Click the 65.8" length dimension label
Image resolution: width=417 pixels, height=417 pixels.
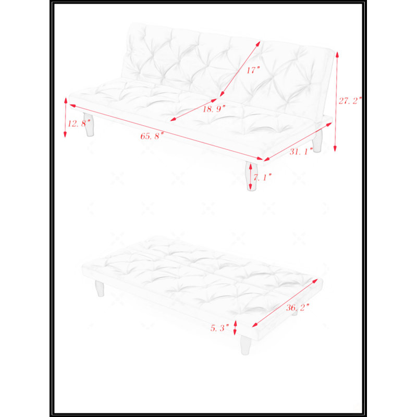[152, 136]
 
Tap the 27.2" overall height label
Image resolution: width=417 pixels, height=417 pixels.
[350, 101]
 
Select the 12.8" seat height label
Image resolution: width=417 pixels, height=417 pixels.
[79, 124]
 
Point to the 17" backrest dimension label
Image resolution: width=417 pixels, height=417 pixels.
[253, 70]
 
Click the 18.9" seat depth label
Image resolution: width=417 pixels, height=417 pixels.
[214, 108]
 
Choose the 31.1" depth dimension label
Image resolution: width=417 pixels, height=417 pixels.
[301, 151]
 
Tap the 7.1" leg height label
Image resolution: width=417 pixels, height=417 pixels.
[263, 177]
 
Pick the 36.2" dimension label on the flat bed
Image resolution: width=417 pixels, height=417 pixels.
[298, 308]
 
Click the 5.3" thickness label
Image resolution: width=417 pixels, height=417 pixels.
[219, 328]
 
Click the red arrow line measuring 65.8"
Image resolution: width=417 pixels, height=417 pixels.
[166, 132]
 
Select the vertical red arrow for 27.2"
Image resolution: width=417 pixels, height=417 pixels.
[336, 102]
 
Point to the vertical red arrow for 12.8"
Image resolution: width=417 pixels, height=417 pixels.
[66, 118]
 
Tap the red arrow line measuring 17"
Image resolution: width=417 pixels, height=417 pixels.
[240, 69]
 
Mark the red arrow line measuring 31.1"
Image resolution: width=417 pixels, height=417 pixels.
[298, 142]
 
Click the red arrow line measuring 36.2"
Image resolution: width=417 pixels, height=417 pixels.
[285, 303]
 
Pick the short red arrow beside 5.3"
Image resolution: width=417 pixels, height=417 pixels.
[235, 328]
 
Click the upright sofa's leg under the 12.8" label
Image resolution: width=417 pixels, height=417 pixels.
[89, 125]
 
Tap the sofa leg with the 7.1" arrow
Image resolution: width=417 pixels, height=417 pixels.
[251, 176]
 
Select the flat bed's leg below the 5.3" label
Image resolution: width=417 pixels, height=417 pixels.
[246, 345]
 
